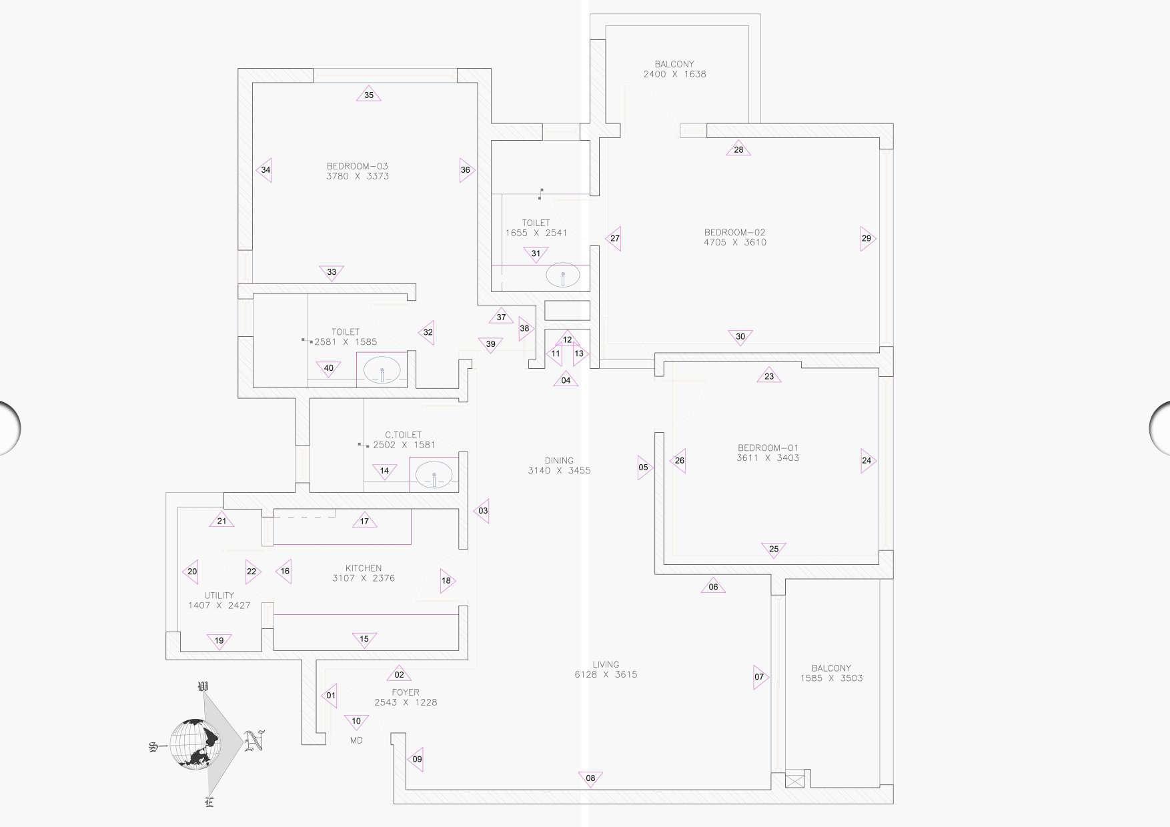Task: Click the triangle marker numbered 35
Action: point(369,94)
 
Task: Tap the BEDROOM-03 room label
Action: point(358,166)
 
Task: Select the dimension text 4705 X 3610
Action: point(735,243)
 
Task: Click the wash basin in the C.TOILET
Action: point(434,476)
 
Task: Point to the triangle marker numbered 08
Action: point(590,778)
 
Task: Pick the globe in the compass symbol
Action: point(195,744)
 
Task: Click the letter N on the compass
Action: point(253,740)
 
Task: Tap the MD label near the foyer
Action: point(356,740)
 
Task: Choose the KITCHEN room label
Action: point(364,568)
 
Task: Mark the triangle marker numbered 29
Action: point(866,238)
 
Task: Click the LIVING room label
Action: point(606,664)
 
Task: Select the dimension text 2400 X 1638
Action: point(674,74)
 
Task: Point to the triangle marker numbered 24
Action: point(866,460)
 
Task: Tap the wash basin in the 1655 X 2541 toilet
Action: point(562,275)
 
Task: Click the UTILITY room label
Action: point(219,596)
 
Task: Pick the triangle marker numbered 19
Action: point(219,641)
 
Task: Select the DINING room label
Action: point(559,460)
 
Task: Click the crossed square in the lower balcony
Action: point(794,779)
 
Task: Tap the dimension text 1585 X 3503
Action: point(831,678)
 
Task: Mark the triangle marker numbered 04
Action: point(566,379)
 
